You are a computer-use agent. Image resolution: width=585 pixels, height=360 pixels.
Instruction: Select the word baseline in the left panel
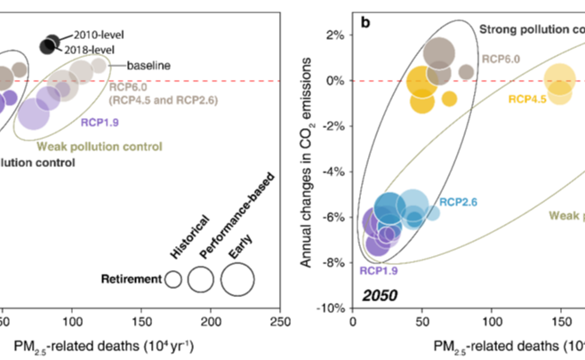pyautogui.click(x=148, y=65)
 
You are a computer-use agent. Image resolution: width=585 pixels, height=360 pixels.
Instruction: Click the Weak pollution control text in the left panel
pyautogui.click(x=99, y=146)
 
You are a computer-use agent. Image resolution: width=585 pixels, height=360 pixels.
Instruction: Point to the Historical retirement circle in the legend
pyautogui.click(x=173, y=280)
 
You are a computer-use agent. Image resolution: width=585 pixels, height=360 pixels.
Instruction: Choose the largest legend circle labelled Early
pyautogui.click(x=237, y=279)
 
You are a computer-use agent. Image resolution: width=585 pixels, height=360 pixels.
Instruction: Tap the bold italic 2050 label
pyautogui.click(x=379, y=293)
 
